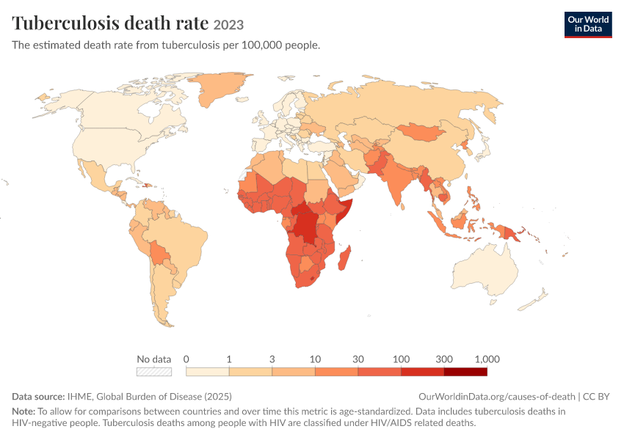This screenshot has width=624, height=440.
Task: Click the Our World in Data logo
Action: (588, 25)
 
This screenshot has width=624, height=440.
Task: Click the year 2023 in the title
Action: (228, 25)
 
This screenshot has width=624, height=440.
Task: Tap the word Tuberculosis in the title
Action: (65, 23)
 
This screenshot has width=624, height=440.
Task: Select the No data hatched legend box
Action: (154, 372)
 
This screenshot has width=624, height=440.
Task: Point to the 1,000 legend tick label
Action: (487, 359)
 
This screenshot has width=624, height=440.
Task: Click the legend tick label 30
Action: (358, 359)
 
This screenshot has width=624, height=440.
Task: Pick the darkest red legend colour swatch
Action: (465, 372)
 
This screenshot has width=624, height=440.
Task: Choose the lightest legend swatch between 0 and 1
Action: (207, 372)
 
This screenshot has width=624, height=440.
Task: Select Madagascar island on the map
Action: (344, 258)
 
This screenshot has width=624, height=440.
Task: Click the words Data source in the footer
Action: (38, 396)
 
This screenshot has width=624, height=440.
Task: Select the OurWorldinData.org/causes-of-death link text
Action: (497, 396)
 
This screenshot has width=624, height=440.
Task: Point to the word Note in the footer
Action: (23, 411)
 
